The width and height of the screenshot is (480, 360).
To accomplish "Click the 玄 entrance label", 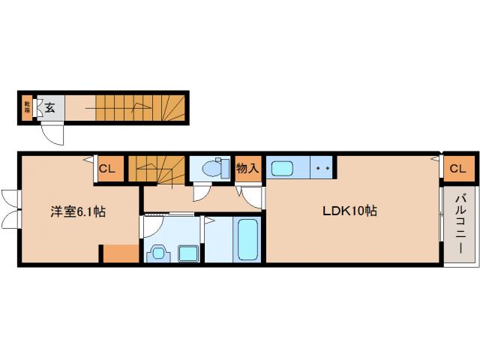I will [x=49, y=107].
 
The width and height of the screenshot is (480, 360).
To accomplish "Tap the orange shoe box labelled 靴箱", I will [x=27, y=107].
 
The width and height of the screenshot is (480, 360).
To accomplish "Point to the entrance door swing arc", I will [x=52, y=133].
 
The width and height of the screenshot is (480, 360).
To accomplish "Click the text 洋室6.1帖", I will [x=78, y=211].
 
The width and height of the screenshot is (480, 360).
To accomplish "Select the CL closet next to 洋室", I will [x=106, y=169].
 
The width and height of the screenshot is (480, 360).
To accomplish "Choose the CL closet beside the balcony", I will [x=457, y=169].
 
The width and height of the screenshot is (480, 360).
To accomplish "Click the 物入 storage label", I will [x=247, y=168].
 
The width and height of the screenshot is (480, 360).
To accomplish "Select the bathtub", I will [x=247, y=240].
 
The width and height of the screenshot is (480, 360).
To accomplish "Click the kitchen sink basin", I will [x=284, y=168].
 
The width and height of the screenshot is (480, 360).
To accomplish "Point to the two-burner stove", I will [x=322, y=168].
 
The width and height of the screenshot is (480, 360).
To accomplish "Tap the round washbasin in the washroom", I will [x=157, y=253].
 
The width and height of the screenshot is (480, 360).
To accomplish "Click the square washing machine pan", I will [x=187, y=253].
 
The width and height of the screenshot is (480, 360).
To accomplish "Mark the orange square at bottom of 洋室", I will [x=120, y=253].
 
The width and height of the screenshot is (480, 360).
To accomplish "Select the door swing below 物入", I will [x=251, y=197].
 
